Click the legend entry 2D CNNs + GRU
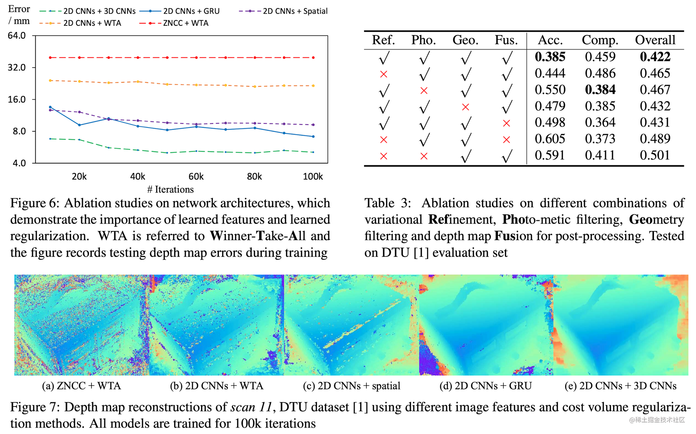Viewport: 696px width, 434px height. (x=191, y=11)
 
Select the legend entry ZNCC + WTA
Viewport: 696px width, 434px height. (x=185, y=23)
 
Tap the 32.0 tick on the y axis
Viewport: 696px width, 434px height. (x=17, y=67)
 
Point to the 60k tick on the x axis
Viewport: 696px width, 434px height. (x=196, y=177)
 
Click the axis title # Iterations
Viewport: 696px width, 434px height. (x=170, y=189)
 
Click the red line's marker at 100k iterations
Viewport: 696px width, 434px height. (x=313, y=57)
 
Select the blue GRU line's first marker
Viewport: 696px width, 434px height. (x=50, y=107)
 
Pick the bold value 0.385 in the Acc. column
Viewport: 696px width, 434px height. (x=550, y=57)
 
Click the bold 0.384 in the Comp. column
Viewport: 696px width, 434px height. (x=600, y=90)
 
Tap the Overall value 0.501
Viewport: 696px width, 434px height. (x=655, y=155)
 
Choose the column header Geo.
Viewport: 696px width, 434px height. (x=465, y=40)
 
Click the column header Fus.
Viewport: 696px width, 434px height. (x=506, y=40)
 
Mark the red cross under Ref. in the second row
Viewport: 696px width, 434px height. (x=383, y=74)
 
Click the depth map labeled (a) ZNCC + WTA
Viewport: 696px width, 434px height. (x=82, y=325)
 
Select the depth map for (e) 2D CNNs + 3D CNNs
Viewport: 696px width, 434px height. (x=620, y=325)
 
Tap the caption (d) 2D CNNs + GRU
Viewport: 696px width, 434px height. (x=485, y=386)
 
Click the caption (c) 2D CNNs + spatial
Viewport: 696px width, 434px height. (x=351, y=386)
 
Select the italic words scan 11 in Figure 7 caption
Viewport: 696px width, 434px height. (x=251, y=407)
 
